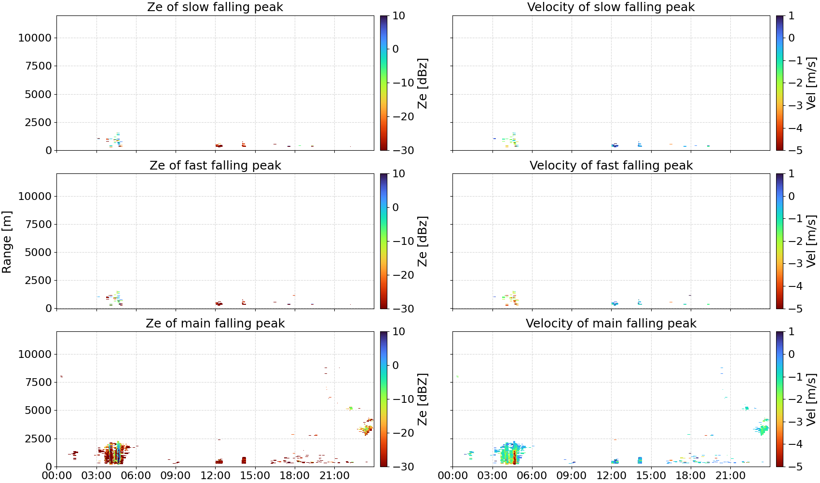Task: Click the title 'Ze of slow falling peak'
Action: tap(215, 7)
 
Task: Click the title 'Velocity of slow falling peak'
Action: tap(611, 7)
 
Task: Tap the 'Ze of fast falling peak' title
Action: tap(215, 165)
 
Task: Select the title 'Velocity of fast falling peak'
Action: tap(611, 165)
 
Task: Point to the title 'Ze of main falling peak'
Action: tap(215, 323)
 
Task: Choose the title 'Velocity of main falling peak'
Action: tap(611, 323)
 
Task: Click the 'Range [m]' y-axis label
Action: tap(7, 242)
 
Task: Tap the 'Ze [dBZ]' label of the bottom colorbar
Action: tap(422, 399)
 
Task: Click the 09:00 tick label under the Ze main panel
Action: tap(176, 476)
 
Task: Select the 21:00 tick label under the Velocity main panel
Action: tap(730, 476)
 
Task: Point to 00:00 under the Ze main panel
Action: tap(57, 476)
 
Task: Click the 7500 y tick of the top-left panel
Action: tap(39, 66)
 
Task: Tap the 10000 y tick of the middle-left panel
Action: tap(35, 196)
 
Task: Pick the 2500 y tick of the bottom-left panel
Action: tap(39, 438)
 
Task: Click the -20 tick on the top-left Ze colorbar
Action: tap(403, 116)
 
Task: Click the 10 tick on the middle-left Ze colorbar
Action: tap(398, 174)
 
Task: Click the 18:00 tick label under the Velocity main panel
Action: tap(691, 476)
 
